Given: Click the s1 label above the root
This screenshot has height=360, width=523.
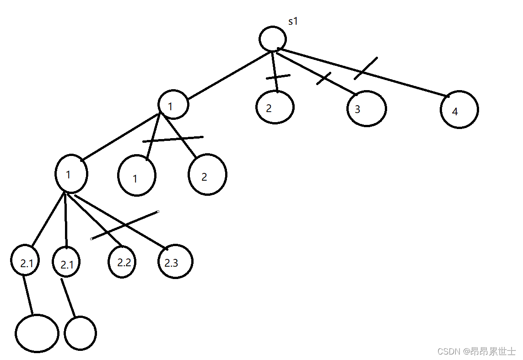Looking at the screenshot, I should click(293, 21).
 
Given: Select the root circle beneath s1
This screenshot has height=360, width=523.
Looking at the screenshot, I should click(273, 38).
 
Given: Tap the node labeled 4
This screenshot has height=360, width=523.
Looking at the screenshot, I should click(459, 110).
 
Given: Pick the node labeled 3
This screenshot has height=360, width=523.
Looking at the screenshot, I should click(366, 109).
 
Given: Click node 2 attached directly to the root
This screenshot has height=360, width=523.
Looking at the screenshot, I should click(275, 107).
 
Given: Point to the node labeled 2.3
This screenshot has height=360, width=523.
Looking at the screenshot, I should click(175, 262).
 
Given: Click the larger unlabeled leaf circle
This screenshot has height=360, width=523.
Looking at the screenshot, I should click(37, 333).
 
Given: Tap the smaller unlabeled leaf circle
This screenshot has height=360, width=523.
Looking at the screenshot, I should click(80, 333).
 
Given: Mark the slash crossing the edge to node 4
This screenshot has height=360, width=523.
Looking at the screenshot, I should click(366, 68).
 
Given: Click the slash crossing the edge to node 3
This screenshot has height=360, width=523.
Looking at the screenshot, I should click(324, 79).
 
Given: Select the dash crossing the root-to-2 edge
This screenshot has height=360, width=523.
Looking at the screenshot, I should click(278, 77).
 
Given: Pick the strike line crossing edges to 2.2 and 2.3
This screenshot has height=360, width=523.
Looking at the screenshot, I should click(125, 225).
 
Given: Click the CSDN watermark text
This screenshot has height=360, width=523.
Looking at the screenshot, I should click(476, 351).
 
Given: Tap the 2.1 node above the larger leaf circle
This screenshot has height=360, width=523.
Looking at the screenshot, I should click(25, 261).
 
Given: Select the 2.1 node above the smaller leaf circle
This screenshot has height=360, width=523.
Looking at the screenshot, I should click(66, 263).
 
